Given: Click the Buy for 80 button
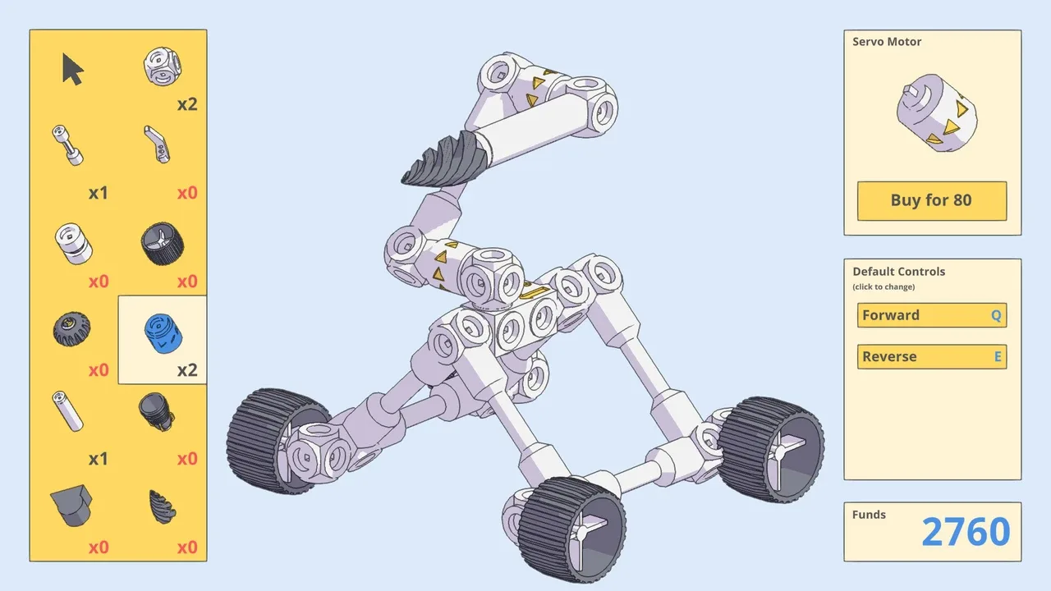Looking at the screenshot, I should [x=931, y=201].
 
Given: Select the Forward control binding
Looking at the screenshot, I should [x=931, y=315].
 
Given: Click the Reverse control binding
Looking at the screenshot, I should [x=931, y=357].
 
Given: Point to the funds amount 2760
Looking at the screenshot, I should [x=965, y=533].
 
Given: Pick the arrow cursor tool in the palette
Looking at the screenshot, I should [x=72, y=69].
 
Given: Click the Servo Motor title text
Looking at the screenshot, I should [x=887, y=42].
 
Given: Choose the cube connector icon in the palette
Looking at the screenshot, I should [x=162, y=66].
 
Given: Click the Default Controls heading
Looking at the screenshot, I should [x=898, y=272].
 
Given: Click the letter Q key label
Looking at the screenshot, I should [x=996, y=315].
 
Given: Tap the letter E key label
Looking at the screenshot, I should [x=998, y=357].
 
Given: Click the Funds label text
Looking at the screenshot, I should [x=869, y=515].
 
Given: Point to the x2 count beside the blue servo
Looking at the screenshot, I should [x=187, y=370].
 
